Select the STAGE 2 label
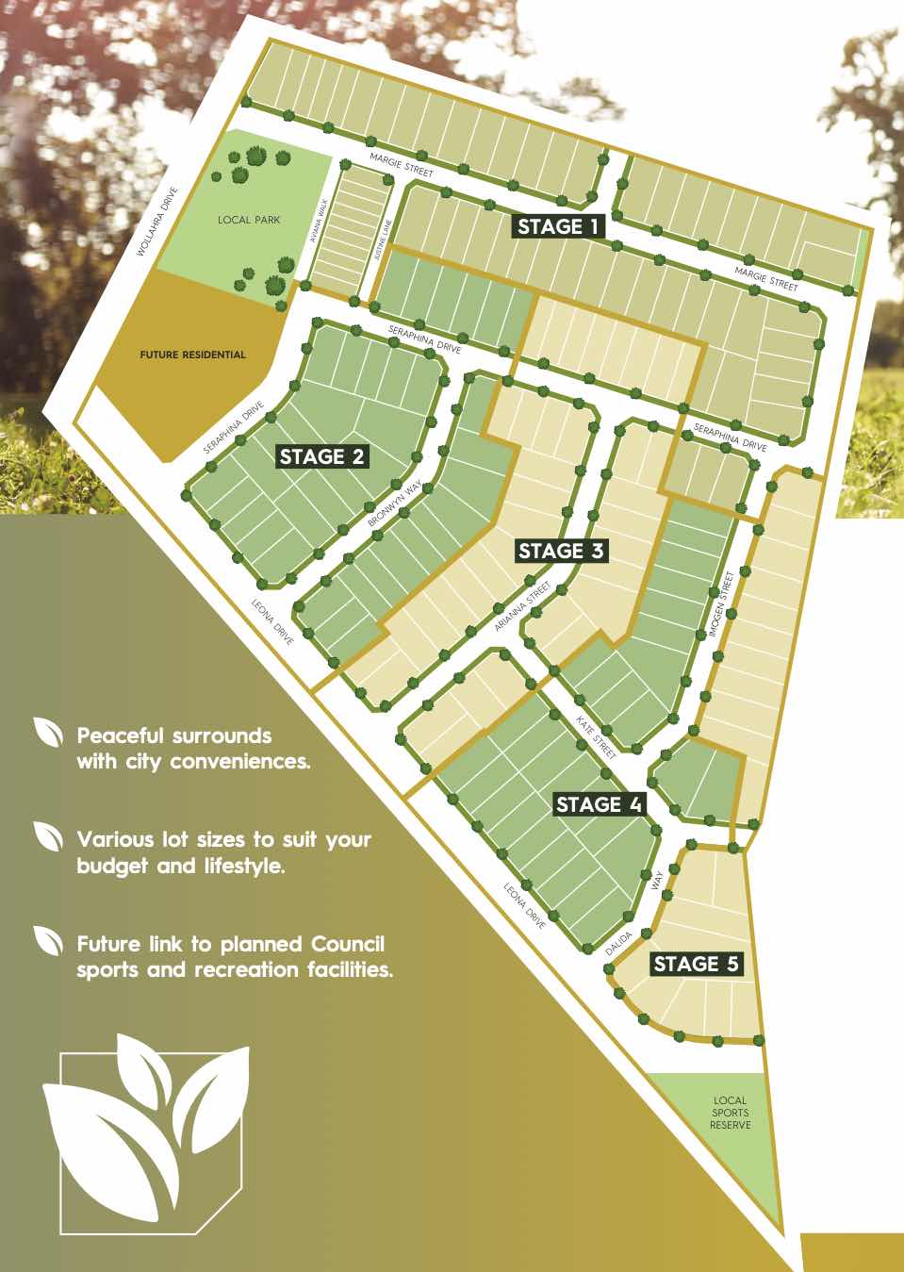(322, 457)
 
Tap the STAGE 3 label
(560, 551)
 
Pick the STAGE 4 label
(599, 804)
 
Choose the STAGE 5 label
(697, 964)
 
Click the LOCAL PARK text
(249, 220)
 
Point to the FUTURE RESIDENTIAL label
(192, 355)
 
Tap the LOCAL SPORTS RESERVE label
(730, 1113)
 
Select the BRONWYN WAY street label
(394, 507)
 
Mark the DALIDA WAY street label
(637, 918)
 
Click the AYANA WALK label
(321, 227)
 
